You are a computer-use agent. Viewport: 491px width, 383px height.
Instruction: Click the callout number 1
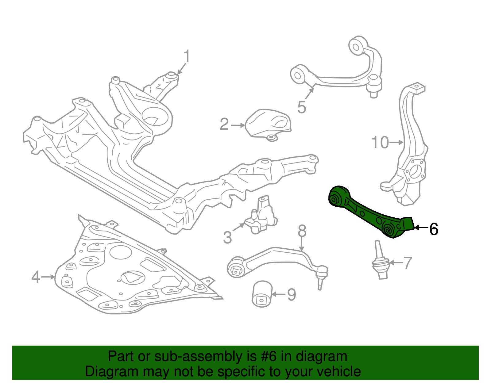[x=187, y=57]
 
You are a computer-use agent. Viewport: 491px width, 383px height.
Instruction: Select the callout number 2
[x=224, y=124]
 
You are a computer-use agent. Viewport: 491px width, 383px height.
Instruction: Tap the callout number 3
[x=227, y=237]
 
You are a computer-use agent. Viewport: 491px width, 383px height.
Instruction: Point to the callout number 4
[x=36, y=277]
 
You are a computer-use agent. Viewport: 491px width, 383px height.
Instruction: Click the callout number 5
[x=301, y=107]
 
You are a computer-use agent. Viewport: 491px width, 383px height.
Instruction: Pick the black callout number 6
[x=433, y=229]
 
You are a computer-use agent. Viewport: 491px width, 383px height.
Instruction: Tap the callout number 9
[x=291, y=295]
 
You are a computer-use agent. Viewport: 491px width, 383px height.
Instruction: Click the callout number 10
[x=380, y=143]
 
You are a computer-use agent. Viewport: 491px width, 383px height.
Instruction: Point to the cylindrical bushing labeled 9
[x=262, y=294]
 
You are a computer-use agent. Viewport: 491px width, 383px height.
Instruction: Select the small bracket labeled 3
[x=261, y=216]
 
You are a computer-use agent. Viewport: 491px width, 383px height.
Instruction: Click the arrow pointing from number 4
[x=48, y=277]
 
